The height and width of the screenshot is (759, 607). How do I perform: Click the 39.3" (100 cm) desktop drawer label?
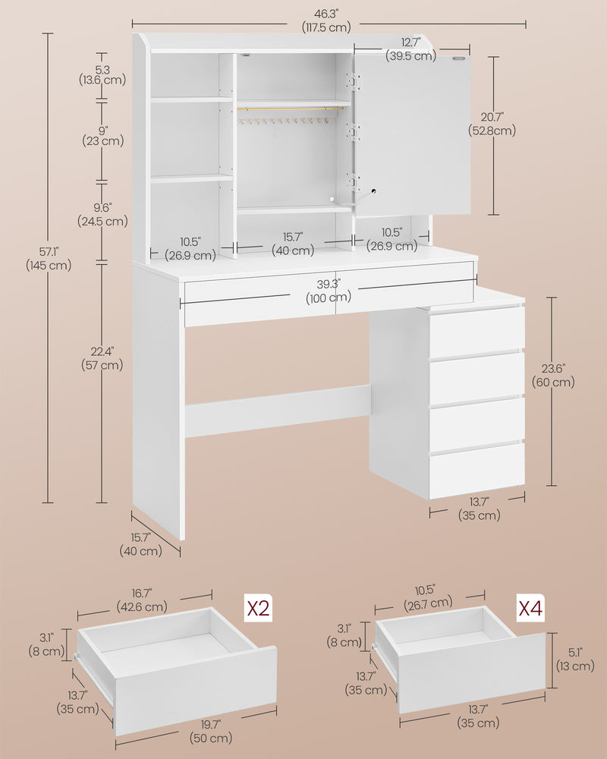(329, 291)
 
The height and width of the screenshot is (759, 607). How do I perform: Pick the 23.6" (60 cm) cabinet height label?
(553, 375)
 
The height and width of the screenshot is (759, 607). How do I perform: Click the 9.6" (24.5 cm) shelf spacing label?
(101, 214)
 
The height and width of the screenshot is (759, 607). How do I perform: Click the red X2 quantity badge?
(256, 609)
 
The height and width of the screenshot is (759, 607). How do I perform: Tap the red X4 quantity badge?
(530, 608)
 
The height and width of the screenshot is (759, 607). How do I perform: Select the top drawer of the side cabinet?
(476, 331)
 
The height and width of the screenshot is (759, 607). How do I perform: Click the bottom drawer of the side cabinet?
(476, 471)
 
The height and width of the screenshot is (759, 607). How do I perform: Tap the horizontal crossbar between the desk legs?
(278, 411)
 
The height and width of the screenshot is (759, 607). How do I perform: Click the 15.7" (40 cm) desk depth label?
(140, 544)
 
